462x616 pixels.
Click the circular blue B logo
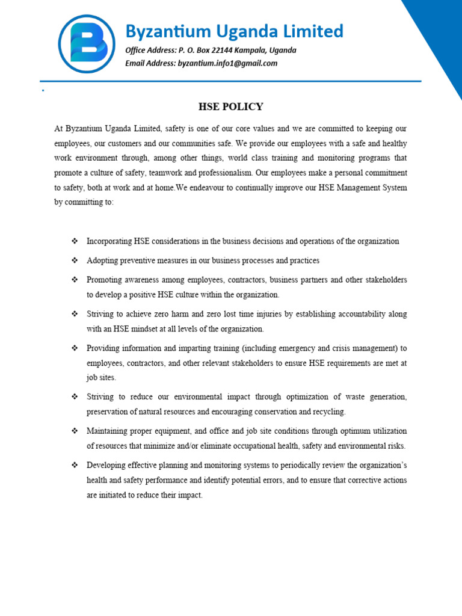click(87, 44)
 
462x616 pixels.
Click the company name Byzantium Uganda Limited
click(234, 31)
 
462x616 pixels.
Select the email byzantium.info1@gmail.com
click(227, 63)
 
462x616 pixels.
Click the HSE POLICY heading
click(231, 107)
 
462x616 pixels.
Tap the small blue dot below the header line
click(43, 90)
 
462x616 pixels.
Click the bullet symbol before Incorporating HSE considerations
click(75, 241)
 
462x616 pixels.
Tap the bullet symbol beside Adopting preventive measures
click(75, 260)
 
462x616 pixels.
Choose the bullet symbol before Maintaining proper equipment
click(75, 431)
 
